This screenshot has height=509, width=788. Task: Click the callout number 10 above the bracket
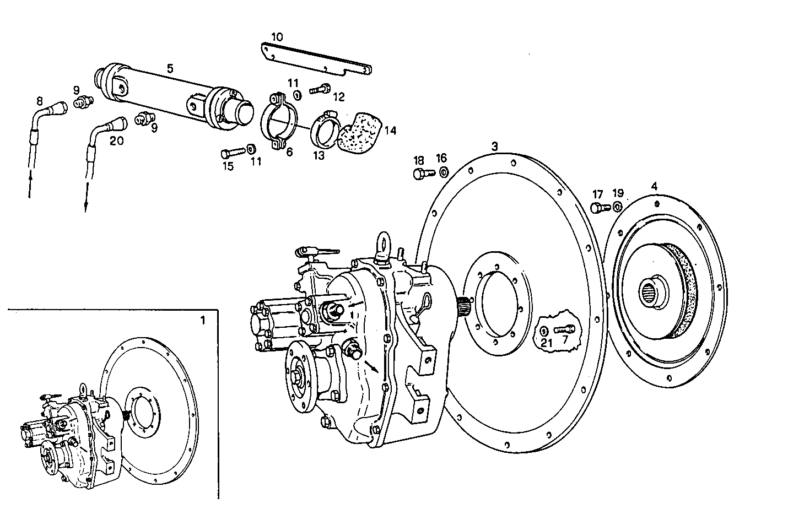(277, 37)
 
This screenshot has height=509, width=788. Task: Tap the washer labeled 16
(442, 172)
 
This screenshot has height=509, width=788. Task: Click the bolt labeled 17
(599, 208)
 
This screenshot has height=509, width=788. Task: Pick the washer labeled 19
(617, 207)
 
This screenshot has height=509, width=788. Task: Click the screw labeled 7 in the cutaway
(565, 329)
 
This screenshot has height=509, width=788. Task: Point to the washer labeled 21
(544, 331)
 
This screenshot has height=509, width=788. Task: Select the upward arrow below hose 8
(30, 185)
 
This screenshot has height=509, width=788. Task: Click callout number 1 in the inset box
(202, 320)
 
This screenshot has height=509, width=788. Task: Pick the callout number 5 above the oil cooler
(170, 68)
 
